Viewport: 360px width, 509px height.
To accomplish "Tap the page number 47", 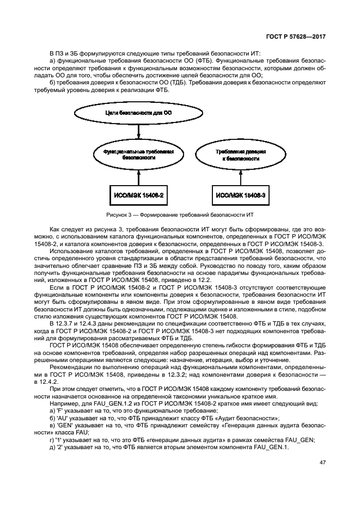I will [x=322, y=462].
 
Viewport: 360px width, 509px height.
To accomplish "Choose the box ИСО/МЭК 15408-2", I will [x=139, y=194].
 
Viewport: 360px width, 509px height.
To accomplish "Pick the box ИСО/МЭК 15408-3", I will [x=236, y=194].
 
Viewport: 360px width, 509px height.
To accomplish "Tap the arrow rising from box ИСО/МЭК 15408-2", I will [x=139, y=176].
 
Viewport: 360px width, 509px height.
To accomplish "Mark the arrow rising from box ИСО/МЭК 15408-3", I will [x=236, y=176].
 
